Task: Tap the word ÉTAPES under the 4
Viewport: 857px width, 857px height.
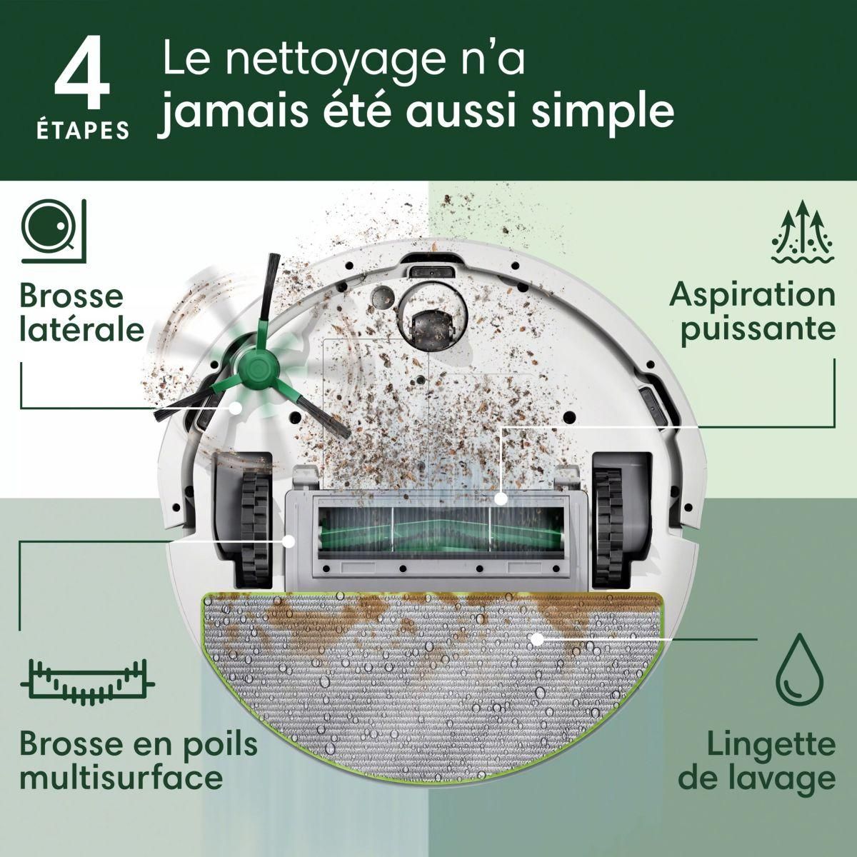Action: [x=83, y=131]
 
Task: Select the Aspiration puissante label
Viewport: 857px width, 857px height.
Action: [x=751, y=313]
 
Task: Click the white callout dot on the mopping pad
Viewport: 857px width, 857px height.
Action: [x=536, y=638]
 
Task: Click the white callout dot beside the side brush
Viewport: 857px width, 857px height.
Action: [x=235, y=407]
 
